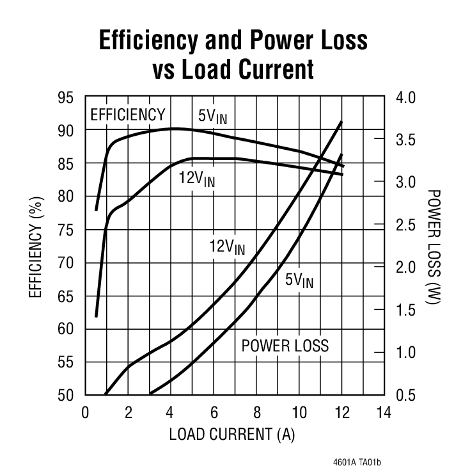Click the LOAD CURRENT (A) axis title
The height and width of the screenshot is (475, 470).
[x=231, y=435]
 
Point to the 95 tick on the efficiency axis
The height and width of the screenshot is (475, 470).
[x=66, y=97]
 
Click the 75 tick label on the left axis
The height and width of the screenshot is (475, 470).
[x=66, y=230]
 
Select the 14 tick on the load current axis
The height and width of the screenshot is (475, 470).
[x=383, y=412]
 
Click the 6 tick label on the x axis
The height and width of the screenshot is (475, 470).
[x=214, y=412]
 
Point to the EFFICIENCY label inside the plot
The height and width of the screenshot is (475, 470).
[x=128, y=115]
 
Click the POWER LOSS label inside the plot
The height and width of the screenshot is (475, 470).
[x=285, y=346]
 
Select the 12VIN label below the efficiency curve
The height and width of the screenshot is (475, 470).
[x=197, y=178]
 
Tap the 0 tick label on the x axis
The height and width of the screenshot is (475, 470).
[x=85, y=412]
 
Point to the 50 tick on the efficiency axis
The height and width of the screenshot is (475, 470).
[x=66, y=395]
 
